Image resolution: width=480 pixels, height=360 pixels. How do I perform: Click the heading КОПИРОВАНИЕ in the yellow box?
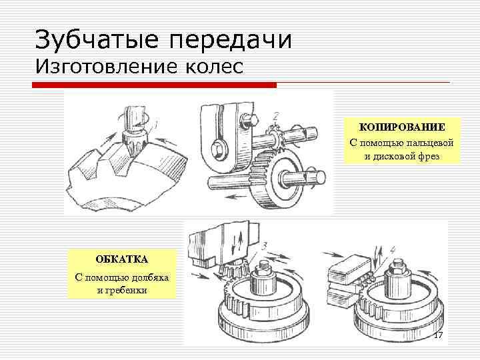[402, 127]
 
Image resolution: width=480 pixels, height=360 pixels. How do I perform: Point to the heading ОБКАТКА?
[122, 259]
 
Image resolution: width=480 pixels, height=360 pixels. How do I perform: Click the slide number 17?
[439, 335]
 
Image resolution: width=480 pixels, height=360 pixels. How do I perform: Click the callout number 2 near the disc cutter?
[275, 117]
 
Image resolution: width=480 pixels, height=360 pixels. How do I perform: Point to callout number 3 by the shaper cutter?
[264, 246]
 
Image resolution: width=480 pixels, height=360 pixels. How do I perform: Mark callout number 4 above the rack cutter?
[393, 251]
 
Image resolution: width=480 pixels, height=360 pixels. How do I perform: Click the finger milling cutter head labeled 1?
[133, 139]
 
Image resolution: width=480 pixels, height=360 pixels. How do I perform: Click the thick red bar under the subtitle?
[154, 85]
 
